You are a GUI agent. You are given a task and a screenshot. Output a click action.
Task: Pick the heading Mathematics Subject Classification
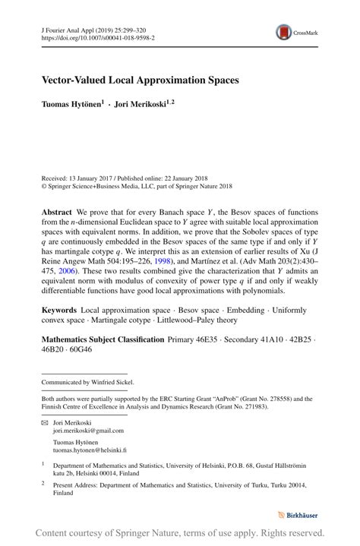click(103, 339)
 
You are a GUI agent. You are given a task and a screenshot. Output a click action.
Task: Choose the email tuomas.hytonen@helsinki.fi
click(90, 450)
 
